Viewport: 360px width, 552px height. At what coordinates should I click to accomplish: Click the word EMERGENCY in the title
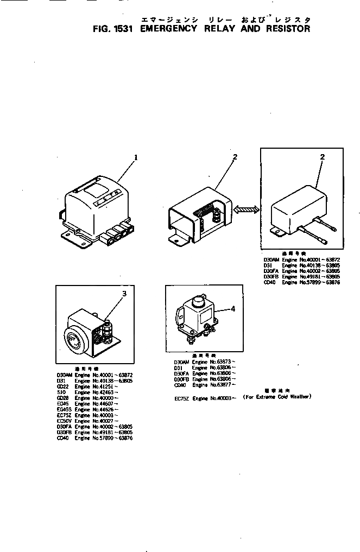point(168,29)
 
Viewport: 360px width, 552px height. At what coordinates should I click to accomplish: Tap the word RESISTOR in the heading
point(287,29)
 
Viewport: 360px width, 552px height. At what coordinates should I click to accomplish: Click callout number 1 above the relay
point(136,158)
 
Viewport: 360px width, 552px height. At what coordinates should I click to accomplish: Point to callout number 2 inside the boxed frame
point(322,157)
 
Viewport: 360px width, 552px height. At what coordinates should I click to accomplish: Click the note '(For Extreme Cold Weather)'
point(277,397)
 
